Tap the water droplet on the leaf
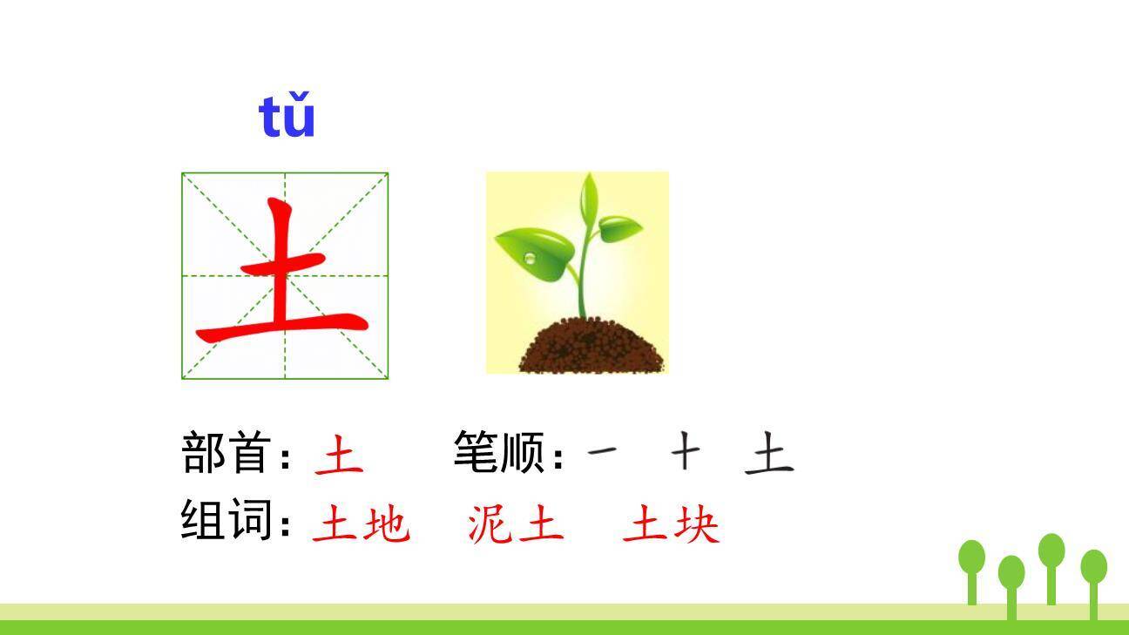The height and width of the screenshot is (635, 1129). (531, 258)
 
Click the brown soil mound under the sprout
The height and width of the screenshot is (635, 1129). (592, 347)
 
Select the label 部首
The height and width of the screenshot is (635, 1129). (223, 452)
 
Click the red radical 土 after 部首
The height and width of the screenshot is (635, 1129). (339, 454)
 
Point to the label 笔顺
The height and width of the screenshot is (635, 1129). (498, 452)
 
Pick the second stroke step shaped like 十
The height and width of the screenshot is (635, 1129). (686, 452)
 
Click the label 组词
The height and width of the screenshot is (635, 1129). (223, 521)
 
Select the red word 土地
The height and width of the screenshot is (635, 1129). (361, 525)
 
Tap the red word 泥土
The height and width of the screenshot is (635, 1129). (515, 525)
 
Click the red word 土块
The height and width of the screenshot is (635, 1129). (671, 525)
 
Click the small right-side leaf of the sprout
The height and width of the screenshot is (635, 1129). (620, 228)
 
